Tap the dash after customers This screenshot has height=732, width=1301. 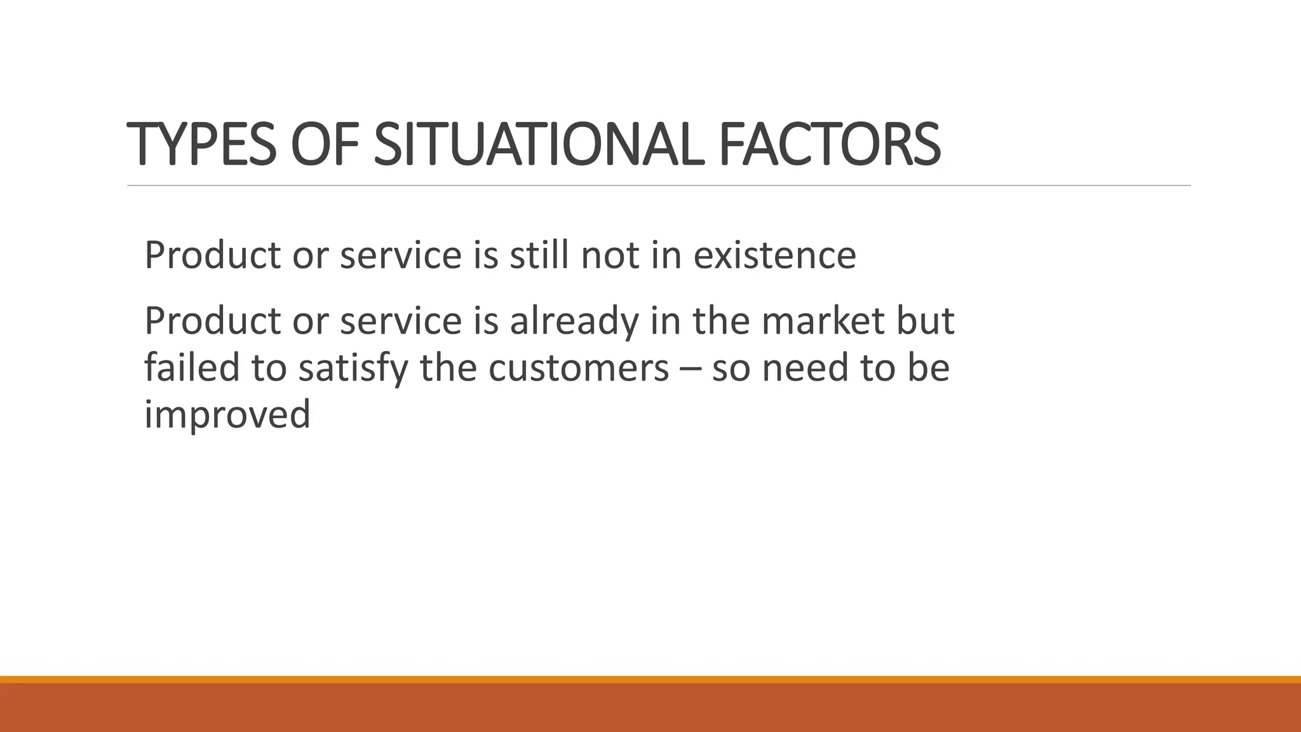coord(691,369)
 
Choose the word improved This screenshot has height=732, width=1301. coord(227,414)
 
